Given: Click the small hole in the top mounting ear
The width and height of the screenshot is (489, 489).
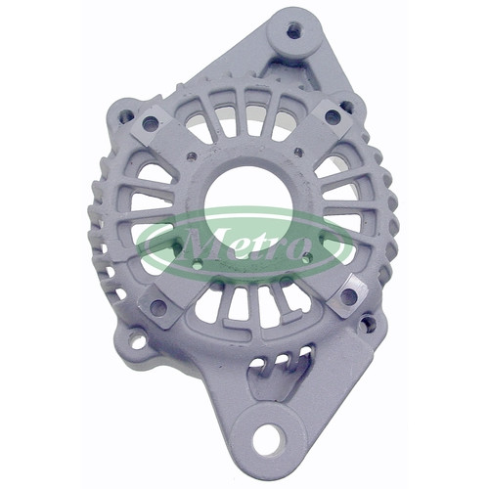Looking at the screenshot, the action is coord(293,31).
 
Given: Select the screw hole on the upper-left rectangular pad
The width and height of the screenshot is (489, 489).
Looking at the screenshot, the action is coord(150,123).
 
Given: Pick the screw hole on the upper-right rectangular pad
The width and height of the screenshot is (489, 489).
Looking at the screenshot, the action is coord(333,115).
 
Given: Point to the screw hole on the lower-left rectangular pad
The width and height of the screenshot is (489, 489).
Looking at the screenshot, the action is coord(158,307).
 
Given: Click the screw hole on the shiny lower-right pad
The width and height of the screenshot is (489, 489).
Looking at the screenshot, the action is coord(349,295).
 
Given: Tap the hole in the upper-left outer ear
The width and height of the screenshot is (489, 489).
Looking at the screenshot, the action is coord(126,115).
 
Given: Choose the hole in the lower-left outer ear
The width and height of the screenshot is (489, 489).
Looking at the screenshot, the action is coord(138,340).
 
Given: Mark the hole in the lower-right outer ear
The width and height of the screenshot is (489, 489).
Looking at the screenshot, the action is coord(368,324).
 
